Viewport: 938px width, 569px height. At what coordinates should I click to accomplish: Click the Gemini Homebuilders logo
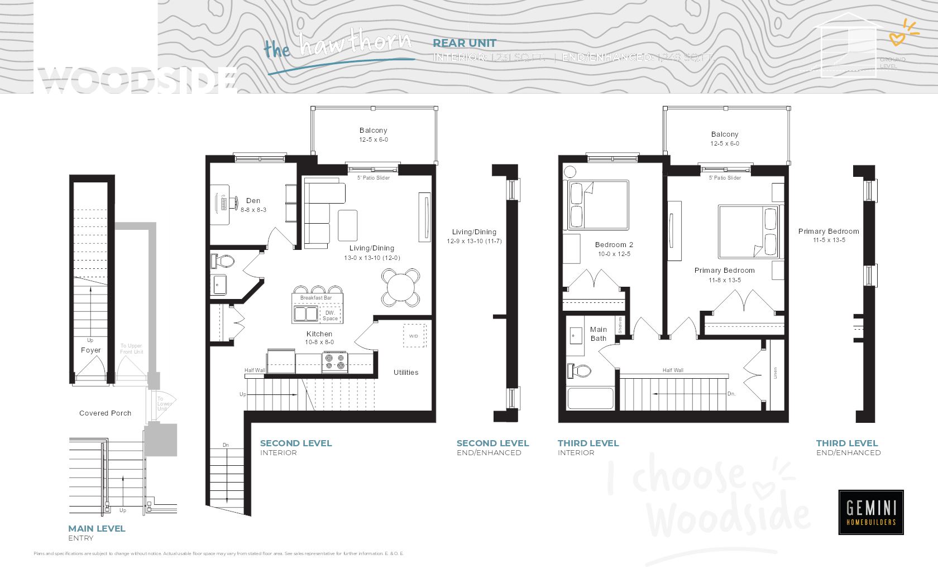870,512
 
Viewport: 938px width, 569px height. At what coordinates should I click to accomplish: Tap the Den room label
253,201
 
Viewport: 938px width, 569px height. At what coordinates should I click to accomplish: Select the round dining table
400,288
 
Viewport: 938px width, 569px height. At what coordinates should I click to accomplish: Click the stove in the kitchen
334,362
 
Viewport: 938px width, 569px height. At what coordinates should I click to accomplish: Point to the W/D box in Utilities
414,335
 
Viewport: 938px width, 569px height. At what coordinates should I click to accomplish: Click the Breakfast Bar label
316,298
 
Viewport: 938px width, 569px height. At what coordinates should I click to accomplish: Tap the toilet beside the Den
224,261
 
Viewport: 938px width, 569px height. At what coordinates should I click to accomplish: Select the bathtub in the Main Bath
590,398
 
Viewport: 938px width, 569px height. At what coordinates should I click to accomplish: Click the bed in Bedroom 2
597,205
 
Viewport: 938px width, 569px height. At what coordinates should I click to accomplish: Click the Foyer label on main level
91,350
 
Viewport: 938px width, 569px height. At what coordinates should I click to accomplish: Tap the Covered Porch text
105,413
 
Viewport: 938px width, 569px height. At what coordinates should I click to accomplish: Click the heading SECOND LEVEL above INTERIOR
296,443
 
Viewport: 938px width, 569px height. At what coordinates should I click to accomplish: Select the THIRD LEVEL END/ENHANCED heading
847,443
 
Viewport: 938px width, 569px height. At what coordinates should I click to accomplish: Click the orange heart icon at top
897,39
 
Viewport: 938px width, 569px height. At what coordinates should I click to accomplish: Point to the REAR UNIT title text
464,43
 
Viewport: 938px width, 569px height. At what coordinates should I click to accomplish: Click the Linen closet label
775,373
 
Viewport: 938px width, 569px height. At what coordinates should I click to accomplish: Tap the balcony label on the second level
373,131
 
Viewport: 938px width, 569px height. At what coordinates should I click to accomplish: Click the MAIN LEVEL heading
97,528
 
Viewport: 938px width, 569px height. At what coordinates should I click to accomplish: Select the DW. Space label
330,316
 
